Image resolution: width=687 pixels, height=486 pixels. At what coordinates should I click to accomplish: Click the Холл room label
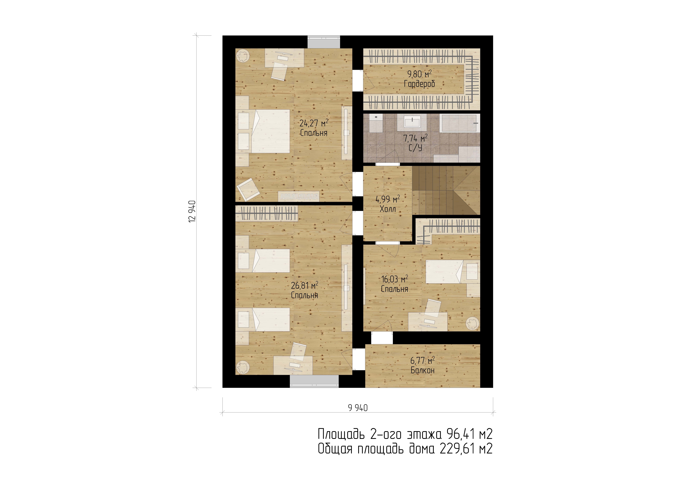click(x=388, y=209)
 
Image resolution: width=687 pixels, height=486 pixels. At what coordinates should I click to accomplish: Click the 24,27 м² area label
click(x=314, y=123)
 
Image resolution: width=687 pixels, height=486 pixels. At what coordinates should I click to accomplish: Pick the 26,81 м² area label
click(x=305, y=285)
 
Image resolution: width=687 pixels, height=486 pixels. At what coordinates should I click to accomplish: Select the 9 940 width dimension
click(x=358, y=408)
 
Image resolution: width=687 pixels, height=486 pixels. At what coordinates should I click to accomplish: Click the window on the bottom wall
click(x=314, y=381)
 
